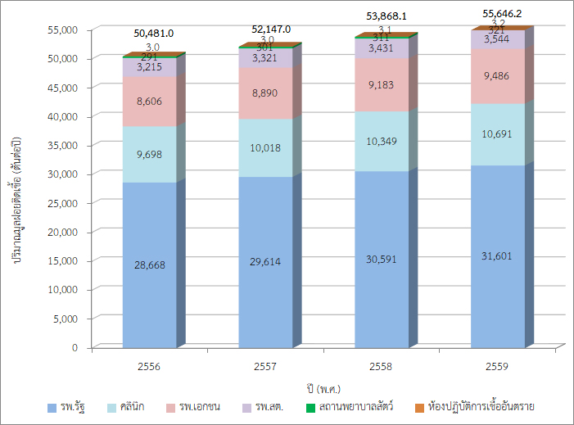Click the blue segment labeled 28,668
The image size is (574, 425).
coord(149,265)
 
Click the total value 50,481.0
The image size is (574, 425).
coord(153,34)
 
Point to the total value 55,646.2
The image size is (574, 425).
coord(502,14)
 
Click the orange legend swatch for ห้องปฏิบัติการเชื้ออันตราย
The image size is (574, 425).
coord(419,407)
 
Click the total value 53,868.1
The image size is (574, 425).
coord(389,16)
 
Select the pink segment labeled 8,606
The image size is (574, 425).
coord(149,102)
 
